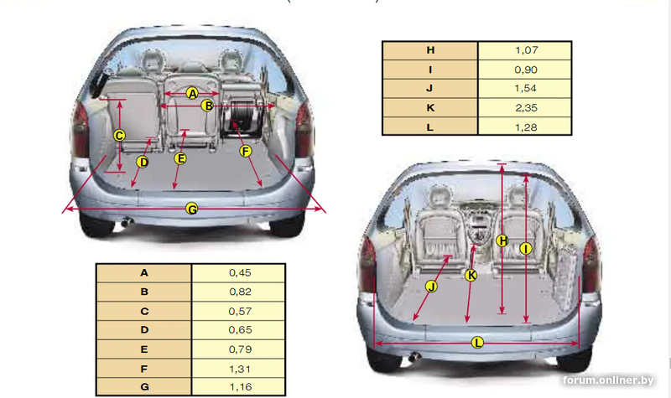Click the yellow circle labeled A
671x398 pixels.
click(192, 93)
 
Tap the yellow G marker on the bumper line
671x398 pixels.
click(192, 209)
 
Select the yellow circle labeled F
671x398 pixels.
click(245, 151)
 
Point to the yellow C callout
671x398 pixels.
click(119, 136)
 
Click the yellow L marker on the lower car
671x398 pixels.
click(477, 343)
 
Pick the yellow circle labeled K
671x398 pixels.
click(471, 276)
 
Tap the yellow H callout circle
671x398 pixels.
click(502, 240)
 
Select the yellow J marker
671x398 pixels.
click(431, 287)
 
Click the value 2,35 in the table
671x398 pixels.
click(526, 108)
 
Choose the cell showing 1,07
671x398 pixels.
click(525, 50)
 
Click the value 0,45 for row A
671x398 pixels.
click(240, 273)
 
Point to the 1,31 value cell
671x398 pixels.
click(238, 369)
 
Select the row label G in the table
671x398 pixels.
click(144, 387)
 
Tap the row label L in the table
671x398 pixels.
click(430, 127)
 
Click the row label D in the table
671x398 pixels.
click(144, 330)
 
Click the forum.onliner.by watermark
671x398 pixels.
click(608, 380)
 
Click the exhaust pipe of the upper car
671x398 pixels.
click(127, 222)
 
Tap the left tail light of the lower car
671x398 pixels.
click(367, 264)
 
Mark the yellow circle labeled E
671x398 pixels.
click(180, 158)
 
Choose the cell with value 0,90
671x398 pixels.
click(525, 70)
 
